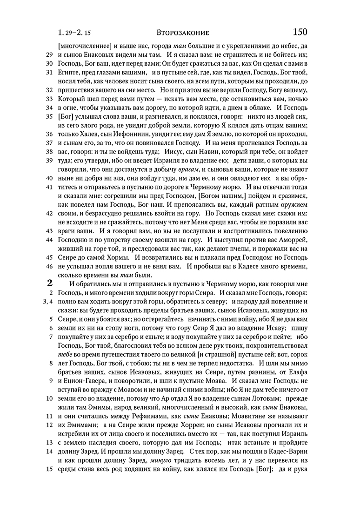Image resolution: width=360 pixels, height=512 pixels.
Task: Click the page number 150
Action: [x=300, y=32]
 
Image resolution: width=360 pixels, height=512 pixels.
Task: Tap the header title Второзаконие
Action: [x=182, y=33]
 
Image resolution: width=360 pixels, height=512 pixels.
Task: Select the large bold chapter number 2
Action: [x=49, y=283]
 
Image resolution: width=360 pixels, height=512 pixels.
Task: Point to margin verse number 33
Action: [x=48, y=99]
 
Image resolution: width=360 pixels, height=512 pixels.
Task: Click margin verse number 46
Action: [x=48, y=266]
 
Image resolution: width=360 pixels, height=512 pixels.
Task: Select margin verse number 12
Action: [x=48, y=424]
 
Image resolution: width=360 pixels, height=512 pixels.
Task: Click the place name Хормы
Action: [x=119, y=257]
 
